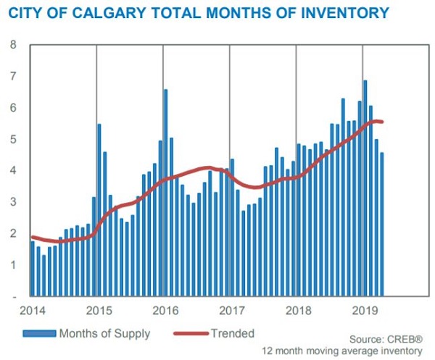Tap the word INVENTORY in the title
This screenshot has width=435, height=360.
point(332,12)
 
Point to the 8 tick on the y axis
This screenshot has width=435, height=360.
point(12,45)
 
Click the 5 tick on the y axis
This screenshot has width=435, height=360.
point(12,139)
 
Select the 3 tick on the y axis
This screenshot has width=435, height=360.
point(12,202)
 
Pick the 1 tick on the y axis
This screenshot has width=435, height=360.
point(12,265)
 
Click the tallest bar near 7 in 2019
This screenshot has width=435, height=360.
point(365,188)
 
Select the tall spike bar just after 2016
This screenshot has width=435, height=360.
point(165,193)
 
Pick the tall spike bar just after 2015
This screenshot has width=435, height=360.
point(99,210)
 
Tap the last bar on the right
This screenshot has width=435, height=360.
point(382,225)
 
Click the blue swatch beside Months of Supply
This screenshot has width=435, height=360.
point(41,334)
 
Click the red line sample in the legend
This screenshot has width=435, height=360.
point(191,334)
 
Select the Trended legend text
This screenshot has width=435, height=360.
point(233,334)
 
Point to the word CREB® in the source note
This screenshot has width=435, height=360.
point(407,339)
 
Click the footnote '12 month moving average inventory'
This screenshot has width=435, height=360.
point(342,351)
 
